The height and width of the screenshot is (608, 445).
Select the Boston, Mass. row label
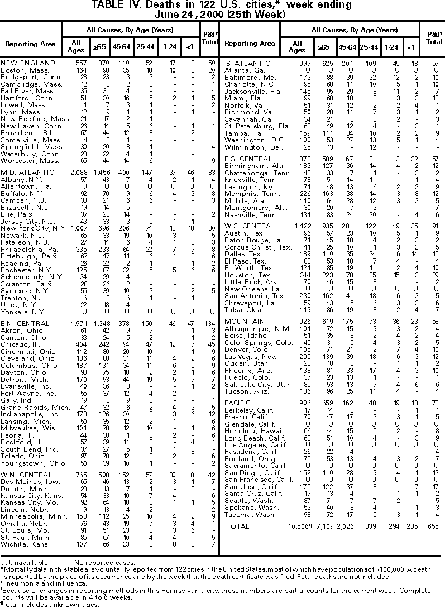(21, 70)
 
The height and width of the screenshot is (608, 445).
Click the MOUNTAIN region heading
(245, 322)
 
